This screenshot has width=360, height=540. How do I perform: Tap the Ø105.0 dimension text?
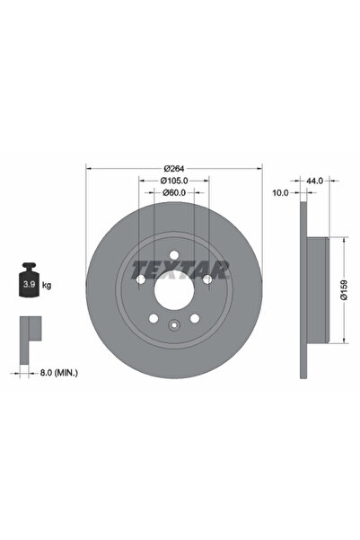174,180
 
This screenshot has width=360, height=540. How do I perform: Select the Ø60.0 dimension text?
174,191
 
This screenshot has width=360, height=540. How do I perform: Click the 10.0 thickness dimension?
280,192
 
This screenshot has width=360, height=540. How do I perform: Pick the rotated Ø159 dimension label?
344,289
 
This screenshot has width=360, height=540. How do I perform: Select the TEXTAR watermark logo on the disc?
180,268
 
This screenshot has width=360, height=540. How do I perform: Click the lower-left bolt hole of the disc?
154,318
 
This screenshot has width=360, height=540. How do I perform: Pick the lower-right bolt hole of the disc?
195,318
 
